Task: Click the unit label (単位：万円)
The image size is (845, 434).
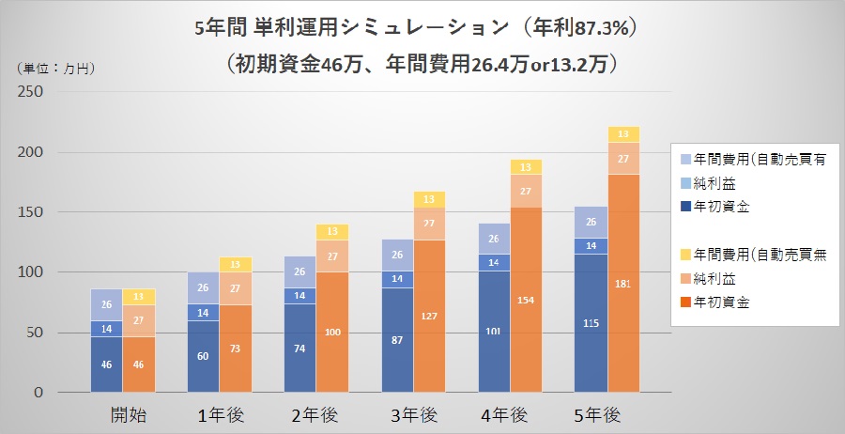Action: [57, 68]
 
